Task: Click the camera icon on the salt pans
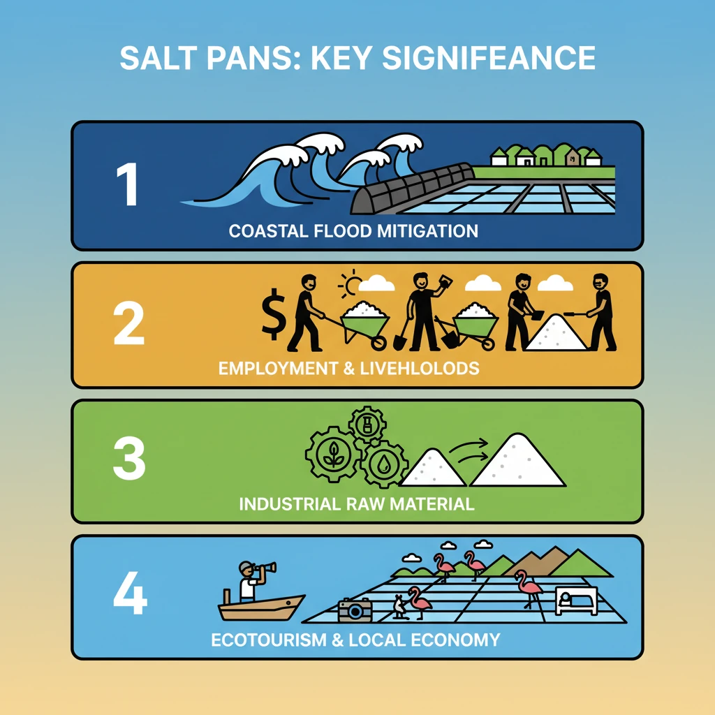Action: click(x=355, y=610)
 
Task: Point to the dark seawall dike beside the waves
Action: click(x=405, y=189)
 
